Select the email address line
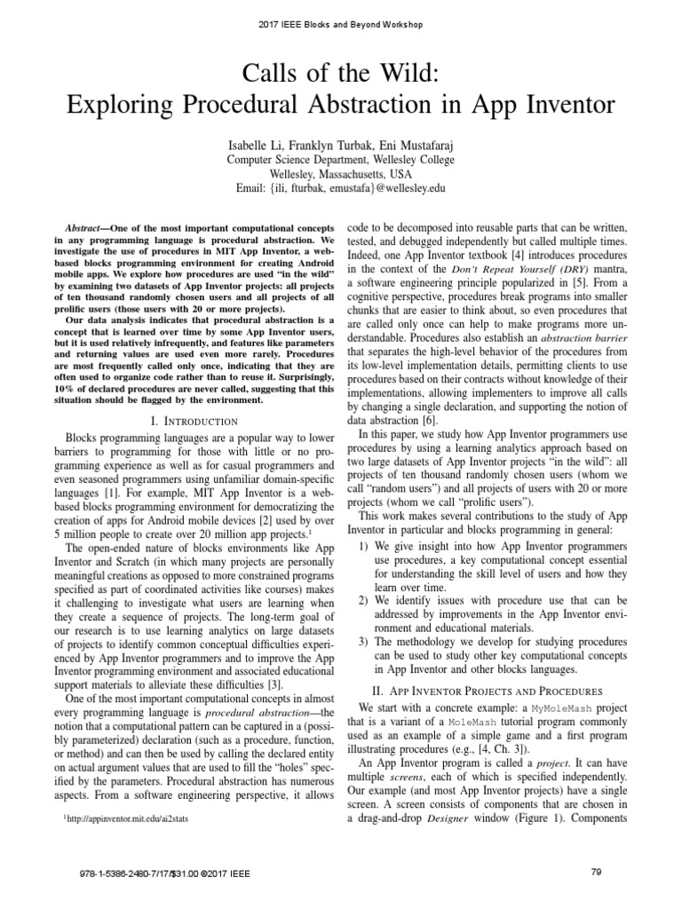(341, 189)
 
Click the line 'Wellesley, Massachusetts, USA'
(341, 174)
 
